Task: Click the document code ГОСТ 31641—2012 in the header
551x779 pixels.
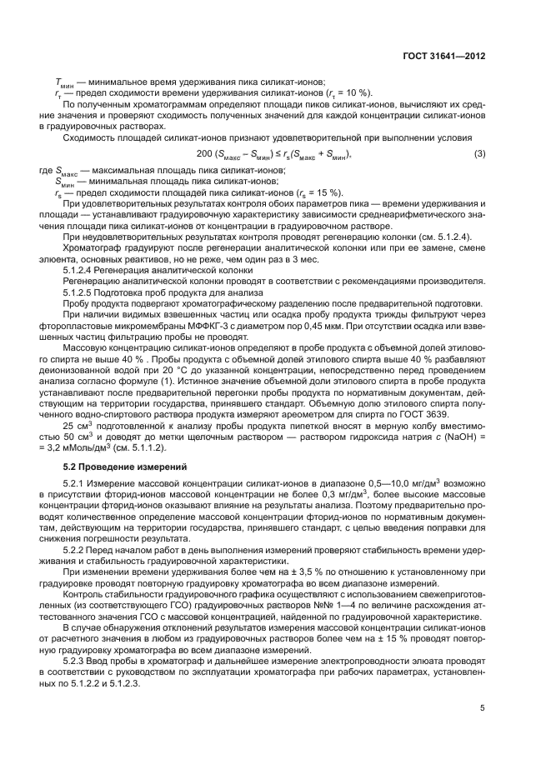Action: coord(444,56)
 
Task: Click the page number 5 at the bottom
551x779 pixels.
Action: coord(483,708)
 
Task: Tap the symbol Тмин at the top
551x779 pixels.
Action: coord(67,82)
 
